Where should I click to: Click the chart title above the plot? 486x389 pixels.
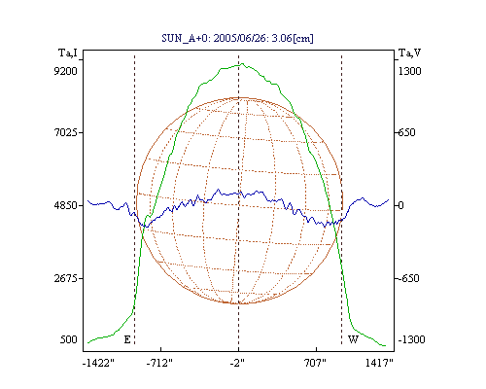(237, 38)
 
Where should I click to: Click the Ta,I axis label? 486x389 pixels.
(68, 53)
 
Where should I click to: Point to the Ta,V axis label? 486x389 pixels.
(409, 53)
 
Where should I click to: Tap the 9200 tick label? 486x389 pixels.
(65, 71)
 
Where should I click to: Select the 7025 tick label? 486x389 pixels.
(65, 132)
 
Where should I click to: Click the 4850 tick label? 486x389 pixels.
(65, 205)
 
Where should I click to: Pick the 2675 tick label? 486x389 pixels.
(65, 278)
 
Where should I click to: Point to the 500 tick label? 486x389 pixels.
(69, 339)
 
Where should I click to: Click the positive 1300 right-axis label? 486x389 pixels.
(410, 71)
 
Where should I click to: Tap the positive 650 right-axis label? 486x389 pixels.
(407, 132)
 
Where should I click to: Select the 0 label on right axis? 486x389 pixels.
(401, 205)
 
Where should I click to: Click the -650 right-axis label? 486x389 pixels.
(409, 278)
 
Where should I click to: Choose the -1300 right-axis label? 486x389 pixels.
(411, 339)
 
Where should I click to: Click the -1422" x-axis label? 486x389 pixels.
(98, 363)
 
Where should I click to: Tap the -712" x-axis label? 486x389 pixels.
(159, 363)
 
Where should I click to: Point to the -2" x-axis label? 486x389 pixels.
(237, 363)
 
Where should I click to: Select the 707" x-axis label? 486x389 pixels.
(315, 363)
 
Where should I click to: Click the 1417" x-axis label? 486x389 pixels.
(379, 363)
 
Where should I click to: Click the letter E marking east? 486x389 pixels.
(127, 339)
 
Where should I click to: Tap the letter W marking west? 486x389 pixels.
(353, 339)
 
